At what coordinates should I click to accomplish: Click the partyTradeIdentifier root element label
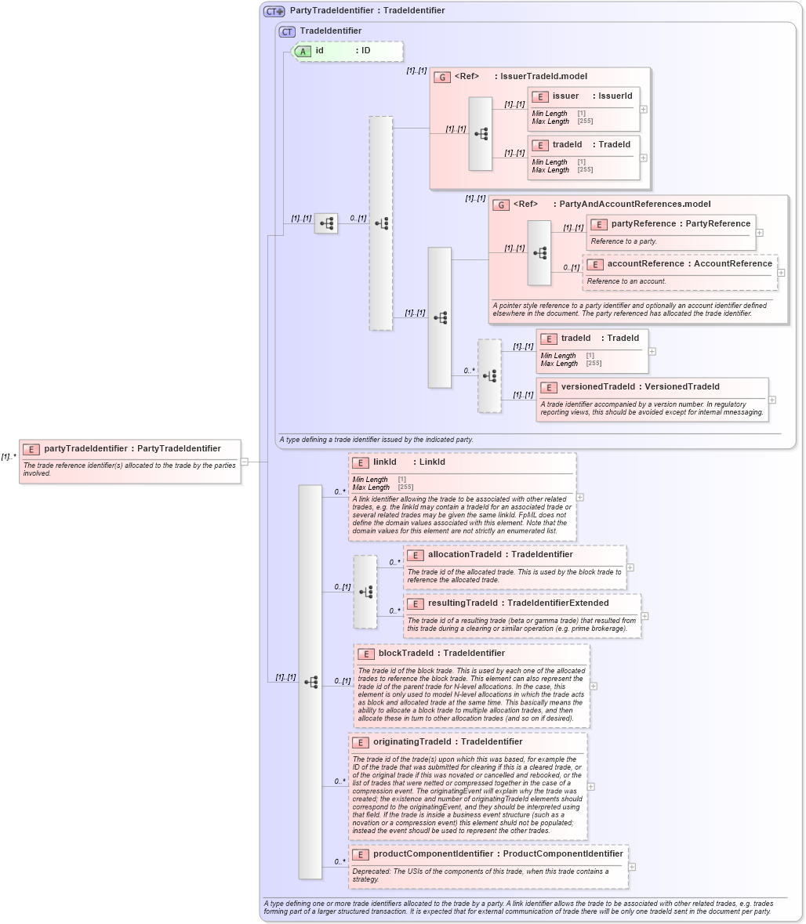(x=132, y=448)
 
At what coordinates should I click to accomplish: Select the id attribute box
(x=347, y=51)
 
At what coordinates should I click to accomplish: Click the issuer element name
(x=565, y=96)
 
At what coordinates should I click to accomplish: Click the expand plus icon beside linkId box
(x=579, y=496)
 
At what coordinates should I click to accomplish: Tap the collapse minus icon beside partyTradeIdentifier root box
(x=245, y=462)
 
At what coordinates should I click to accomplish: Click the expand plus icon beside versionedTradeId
(x=772, y=400)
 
